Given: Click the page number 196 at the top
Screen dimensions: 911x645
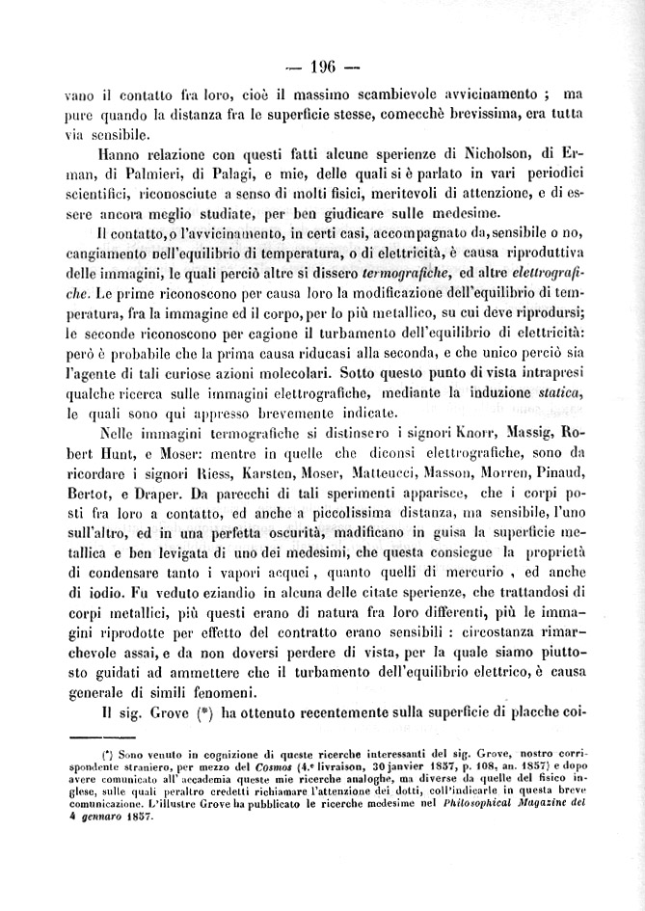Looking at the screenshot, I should [323, 67].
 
